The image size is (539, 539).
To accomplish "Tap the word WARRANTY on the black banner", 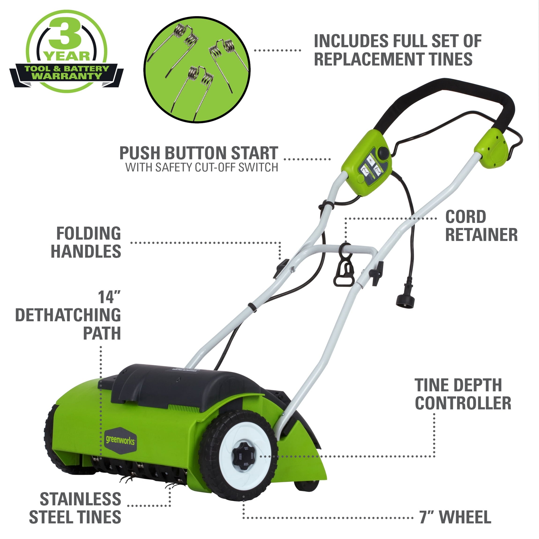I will click(x=67, y=76).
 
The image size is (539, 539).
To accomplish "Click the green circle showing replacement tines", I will click(x=197, y=69).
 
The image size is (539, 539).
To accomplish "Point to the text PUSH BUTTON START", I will click(x=199, y=153).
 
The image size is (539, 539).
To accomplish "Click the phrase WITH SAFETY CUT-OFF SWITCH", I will click(x=202, y=167).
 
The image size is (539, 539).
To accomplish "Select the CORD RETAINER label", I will click(x=481, y=226).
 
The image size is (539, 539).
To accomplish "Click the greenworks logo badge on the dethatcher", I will click(x=120, y=441).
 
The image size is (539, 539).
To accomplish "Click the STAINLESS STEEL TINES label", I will click(x=75, y=508).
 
